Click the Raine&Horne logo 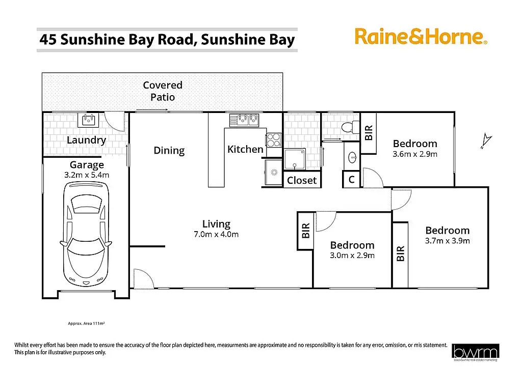pyautogui.click(x=421, y=37)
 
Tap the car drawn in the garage pyautogui.click(x=85, y=234)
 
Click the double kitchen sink pyautogui.click(x=245, y=120)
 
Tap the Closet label pyautogui.click(x=302, y=180)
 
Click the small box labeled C pyautogui.click(x=351, y=180)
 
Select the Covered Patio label pyautogui.click(x=163, y=91)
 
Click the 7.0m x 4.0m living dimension pyautogui.click(x=216, y=235)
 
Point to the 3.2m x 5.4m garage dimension pyautogui.click(x=87, y=175)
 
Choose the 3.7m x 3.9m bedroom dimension pyautogui.click(x=447, y=241)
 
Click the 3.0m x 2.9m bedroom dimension pyautogui.click(x=352, y=256)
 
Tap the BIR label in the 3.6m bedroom pyautogui.click(x=370, y=133)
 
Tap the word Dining pyautogui.click(x=169, y=150)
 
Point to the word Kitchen pyautogui.click(x=245, y=149)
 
